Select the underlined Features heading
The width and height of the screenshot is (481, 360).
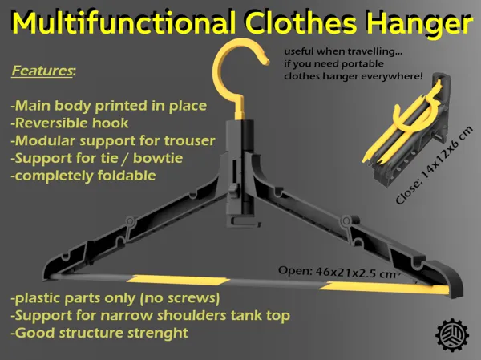click(42, 71)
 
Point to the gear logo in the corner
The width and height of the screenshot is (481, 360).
click(452, 334)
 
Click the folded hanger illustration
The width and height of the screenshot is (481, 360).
click(408, 129)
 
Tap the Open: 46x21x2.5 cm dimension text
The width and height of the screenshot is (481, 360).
click(337, 272)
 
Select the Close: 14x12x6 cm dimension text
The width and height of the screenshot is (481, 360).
click(434, 165)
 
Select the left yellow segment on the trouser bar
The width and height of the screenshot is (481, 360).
click(178, 280)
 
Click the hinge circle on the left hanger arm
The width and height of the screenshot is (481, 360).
click(130, 221)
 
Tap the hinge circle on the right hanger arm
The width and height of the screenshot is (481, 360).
click(346, 220)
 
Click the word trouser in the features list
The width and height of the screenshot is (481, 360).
click(189, 140)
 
